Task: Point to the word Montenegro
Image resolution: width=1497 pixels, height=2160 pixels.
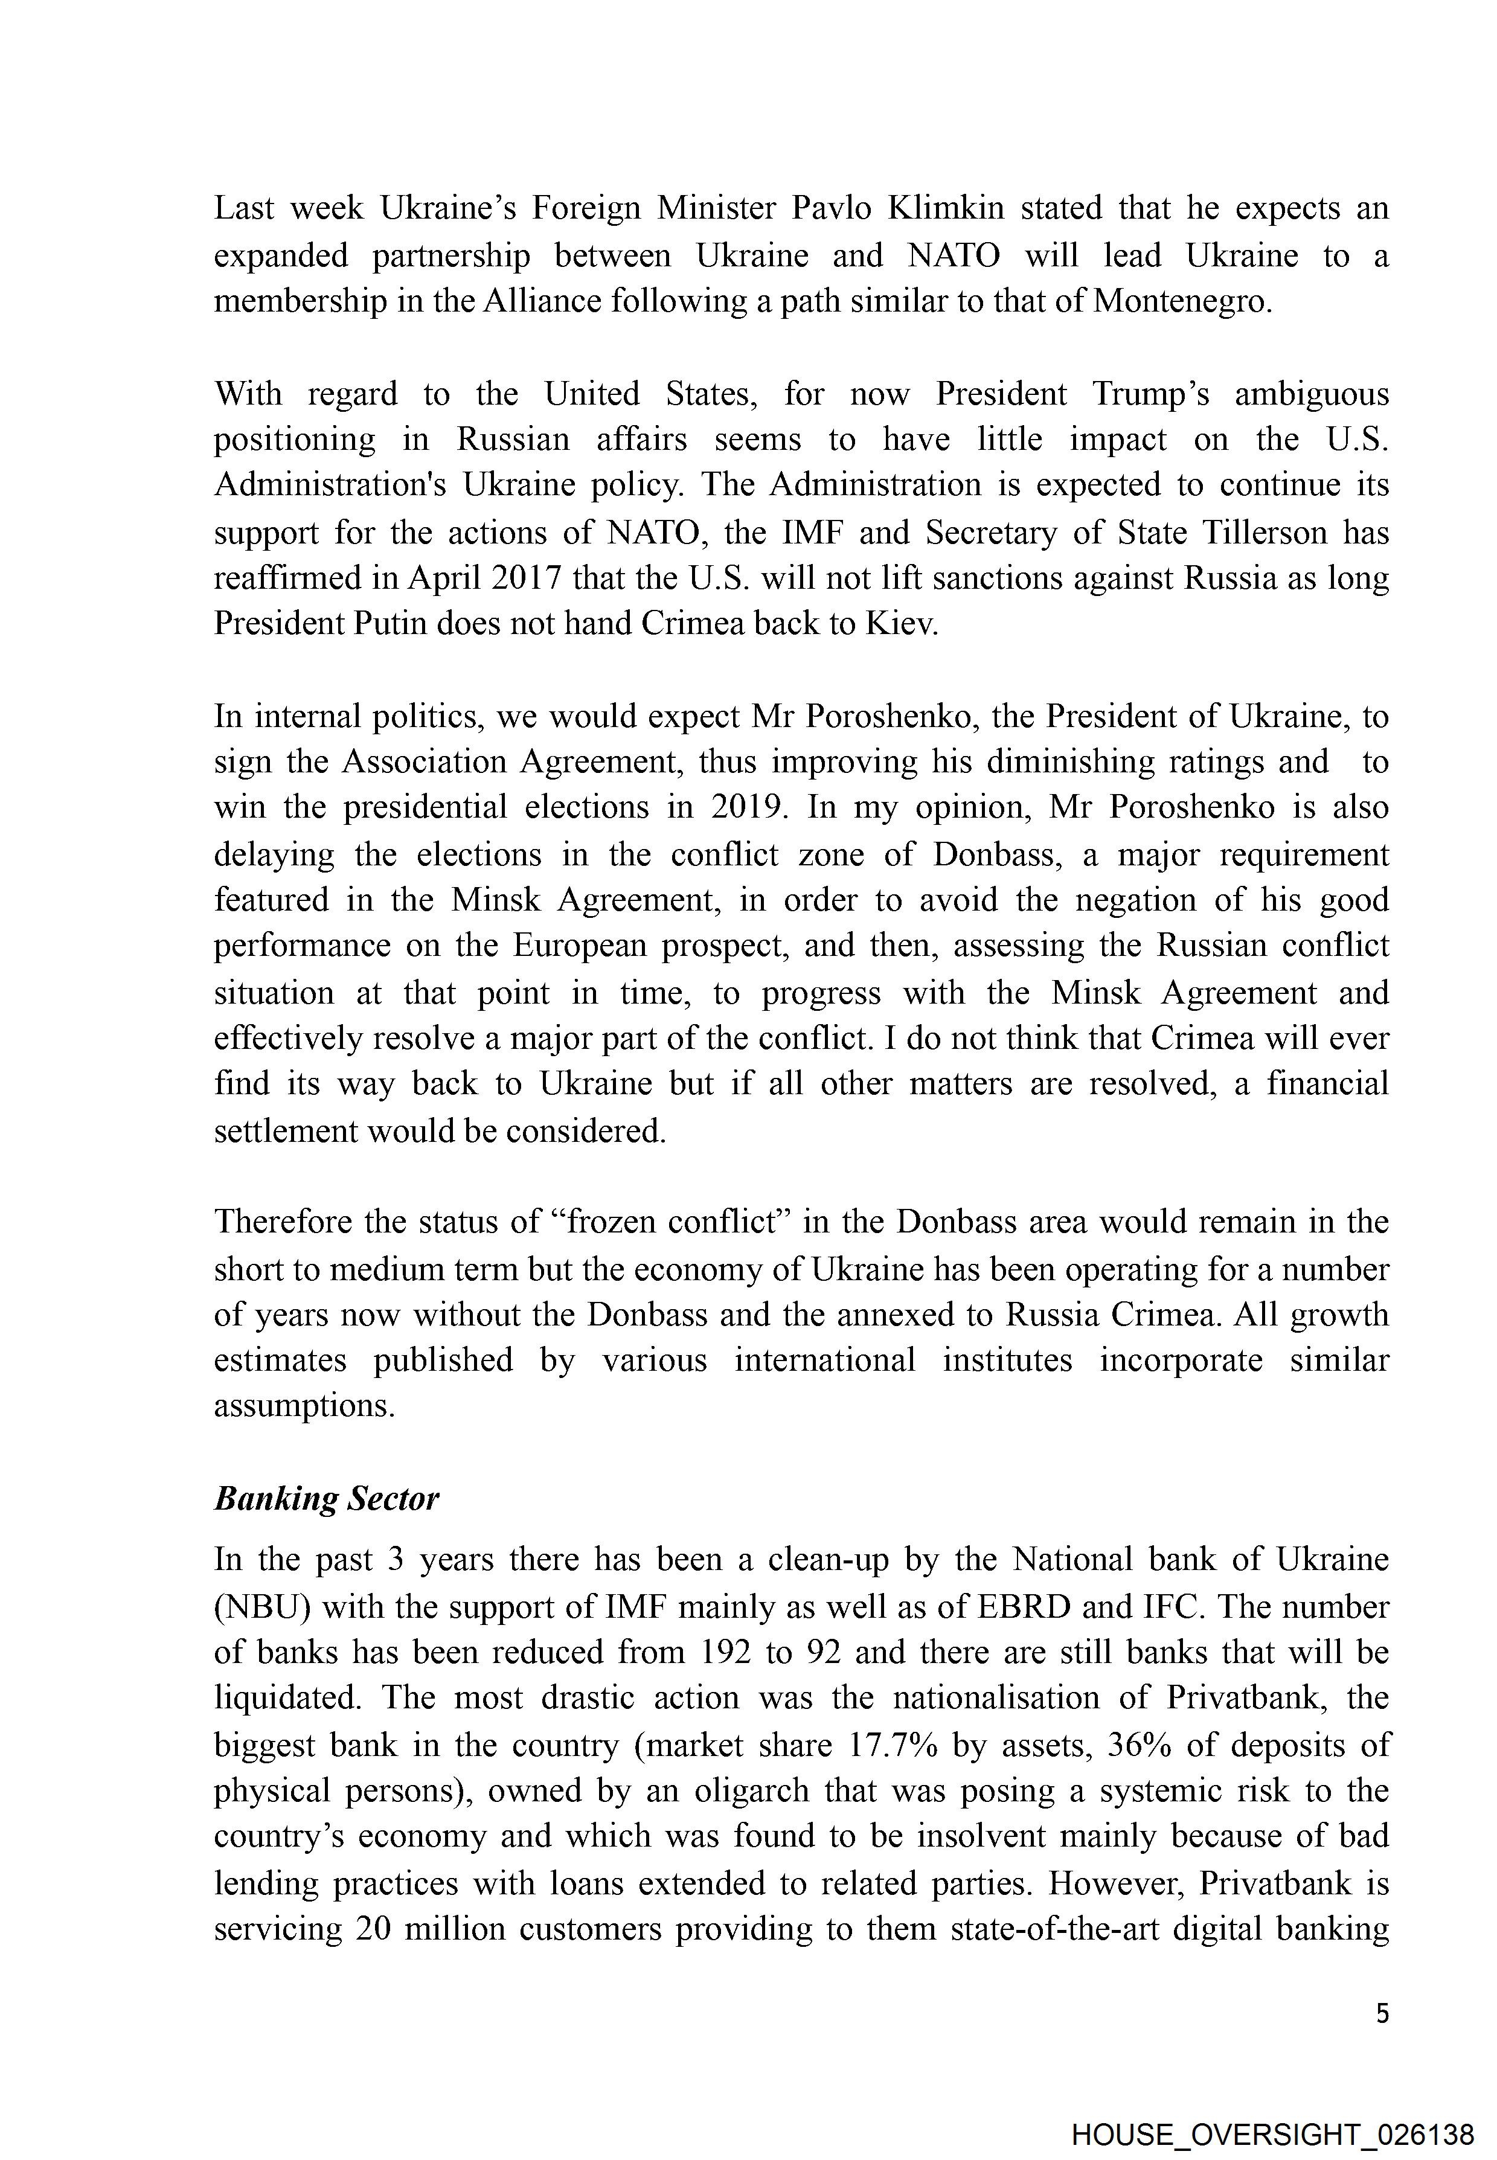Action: point(1183,301)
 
